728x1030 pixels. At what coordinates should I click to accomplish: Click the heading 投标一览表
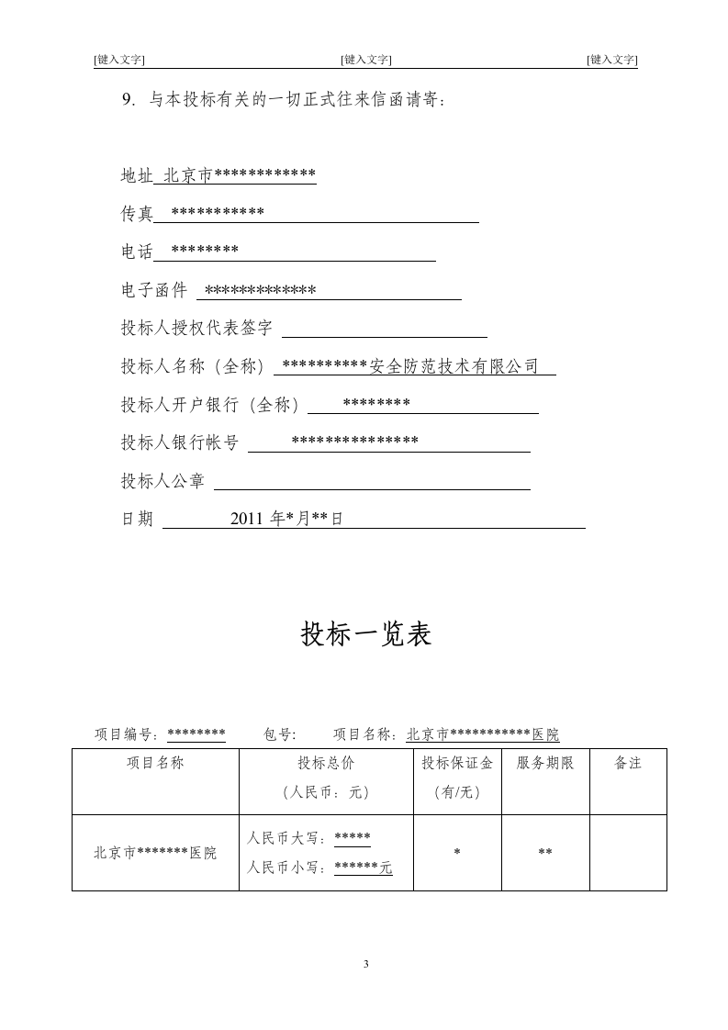click(x=365, y=634)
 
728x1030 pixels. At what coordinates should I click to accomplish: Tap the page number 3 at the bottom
click(x=365, y=963)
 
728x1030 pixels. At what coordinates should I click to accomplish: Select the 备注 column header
click(x=628, y=763)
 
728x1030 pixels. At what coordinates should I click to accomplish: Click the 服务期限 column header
click(x=545, y=763)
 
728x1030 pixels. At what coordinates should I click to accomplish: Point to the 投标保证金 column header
click(x=457, y=763)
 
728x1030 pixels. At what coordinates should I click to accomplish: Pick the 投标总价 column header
click(x=326, y=763)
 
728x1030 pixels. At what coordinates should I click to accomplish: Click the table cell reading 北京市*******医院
click(x=155, y=853)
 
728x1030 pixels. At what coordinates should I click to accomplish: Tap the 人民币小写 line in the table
click(x=319, y=868)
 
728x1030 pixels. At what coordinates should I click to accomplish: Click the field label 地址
click(x=137, y=175)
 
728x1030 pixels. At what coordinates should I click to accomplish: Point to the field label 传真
click(x=137, y=214)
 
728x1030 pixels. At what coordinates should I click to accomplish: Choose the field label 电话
click(x=137, y=252)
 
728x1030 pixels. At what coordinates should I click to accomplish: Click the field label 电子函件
click(x=153, y=291)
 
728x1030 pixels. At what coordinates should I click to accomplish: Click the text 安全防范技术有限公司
click(x=454, y=366)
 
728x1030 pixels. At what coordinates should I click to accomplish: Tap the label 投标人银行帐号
click(x=179, y=442)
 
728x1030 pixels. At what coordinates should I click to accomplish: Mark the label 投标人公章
click(x=162, y=481)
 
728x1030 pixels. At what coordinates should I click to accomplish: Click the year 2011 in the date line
click(x=247, y=519)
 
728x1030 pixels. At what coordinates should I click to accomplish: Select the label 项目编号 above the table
click(x=128, y=734)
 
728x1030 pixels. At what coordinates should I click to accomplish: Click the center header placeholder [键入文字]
click(x=365, y=60)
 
